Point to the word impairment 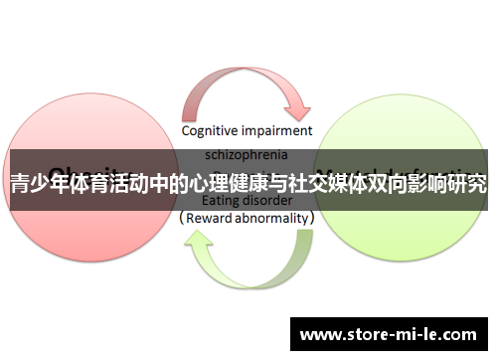pos(280,130)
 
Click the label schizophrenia pos(248,155)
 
